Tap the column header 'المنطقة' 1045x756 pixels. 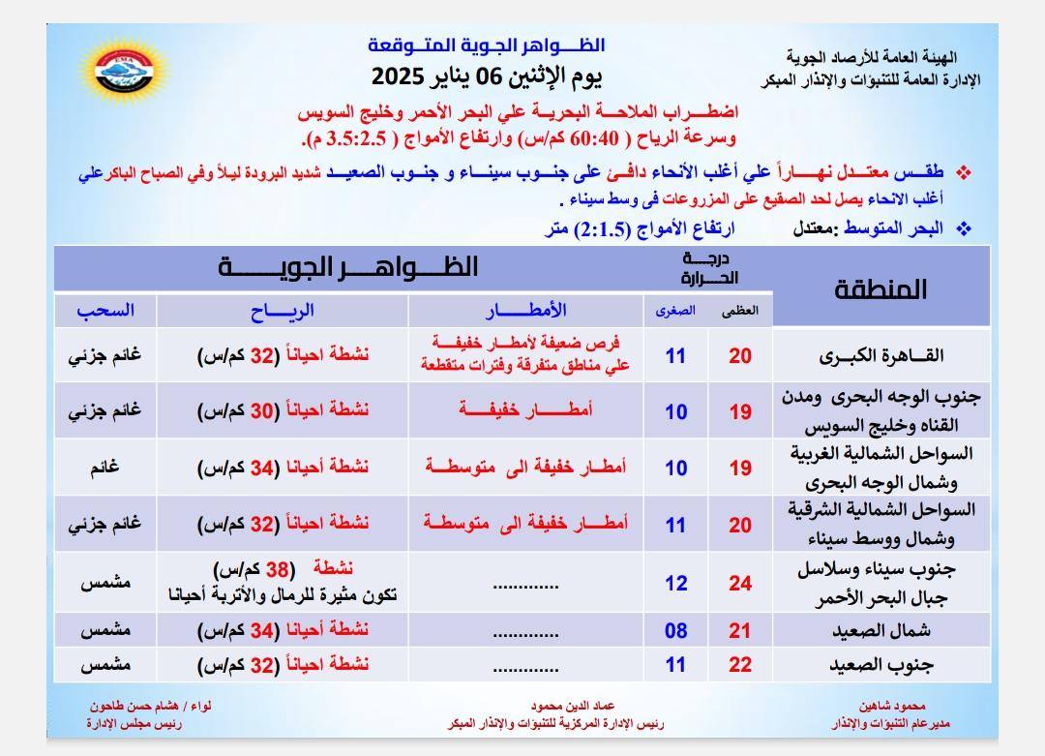click(880, 288)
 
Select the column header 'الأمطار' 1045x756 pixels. click(525, 311)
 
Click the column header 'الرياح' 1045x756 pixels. click(283, 311)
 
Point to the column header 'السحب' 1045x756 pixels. click(105, 311)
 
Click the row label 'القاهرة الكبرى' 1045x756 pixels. click(881, 355)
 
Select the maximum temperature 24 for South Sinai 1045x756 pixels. click(740, 584)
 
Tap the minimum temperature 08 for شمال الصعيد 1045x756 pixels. click(675, 631)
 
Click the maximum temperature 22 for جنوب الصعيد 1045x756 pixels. click(740, 665)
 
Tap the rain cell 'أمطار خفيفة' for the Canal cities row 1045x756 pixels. click(525, 411)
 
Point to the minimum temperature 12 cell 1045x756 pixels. click(675, 584)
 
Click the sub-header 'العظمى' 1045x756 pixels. click(740, 311)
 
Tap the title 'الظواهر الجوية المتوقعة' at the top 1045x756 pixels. click(487, 45)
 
